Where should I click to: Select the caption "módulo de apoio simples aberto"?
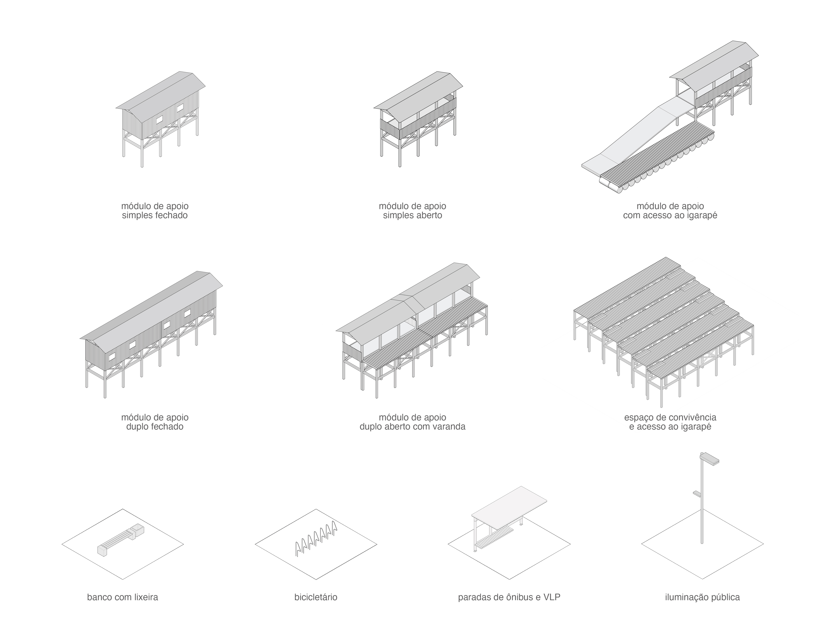coord(412,211)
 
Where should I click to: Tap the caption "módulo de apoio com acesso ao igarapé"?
coord(670,211)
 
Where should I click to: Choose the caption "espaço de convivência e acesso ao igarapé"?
coord(670,422)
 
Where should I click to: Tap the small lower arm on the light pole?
coord(697,494)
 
